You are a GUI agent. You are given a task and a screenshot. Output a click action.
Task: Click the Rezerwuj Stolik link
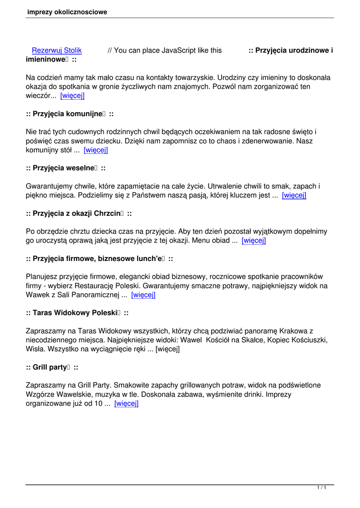57,51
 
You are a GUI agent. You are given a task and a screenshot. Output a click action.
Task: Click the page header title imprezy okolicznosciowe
68,12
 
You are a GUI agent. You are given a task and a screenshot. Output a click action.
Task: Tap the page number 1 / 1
321,489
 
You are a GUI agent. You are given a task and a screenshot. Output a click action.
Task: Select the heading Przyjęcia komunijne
70,114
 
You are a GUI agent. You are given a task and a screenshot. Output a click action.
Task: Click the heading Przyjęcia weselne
66,168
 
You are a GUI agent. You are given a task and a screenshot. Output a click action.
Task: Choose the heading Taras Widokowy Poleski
77,313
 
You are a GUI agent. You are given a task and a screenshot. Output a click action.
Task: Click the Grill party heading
52,367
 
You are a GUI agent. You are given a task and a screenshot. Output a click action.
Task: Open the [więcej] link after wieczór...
72,96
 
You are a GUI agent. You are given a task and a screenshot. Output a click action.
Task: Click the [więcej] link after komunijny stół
96,150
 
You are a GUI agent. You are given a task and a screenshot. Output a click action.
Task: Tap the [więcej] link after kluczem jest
294,195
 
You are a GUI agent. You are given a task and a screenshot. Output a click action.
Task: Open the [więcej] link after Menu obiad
254,241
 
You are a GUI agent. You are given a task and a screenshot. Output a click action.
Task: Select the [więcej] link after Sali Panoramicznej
144,295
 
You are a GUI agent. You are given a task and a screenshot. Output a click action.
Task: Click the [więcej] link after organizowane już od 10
126,403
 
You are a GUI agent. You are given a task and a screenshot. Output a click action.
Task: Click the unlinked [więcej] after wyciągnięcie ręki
167,349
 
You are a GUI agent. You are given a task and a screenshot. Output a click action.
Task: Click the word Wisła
35,349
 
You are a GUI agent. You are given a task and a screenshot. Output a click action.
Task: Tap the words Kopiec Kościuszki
298,340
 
